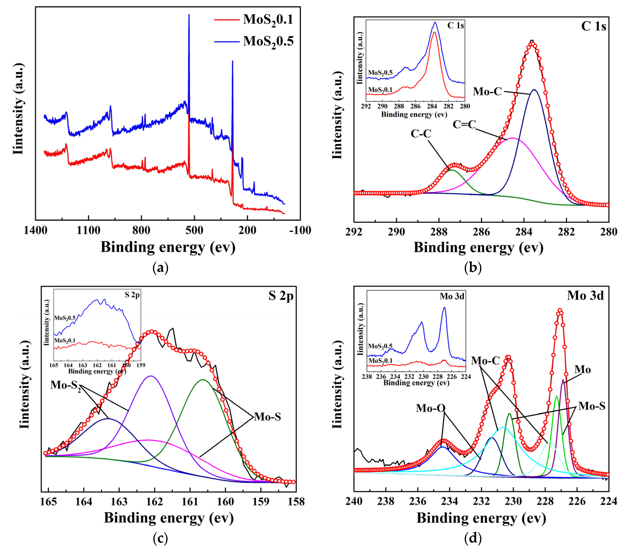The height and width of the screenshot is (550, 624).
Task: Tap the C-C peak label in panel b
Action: [x=421, y=134]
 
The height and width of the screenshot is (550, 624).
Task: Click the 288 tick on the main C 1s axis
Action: [x=439, y=232]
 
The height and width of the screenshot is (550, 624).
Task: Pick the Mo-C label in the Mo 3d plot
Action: [x=485, y=361]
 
